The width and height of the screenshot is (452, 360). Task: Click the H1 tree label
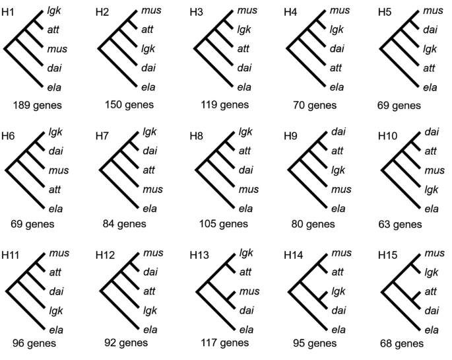9,13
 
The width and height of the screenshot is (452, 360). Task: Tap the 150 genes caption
129,104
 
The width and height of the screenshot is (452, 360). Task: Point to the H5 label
385,13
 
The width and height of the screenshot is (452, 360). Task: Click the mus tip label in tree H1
57,48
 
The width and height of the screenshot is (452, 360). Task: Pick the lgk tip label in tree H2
148,48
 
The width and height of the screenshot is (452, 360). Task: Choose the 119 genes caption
224,104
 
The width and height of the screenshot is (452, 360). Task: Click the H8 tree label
197,135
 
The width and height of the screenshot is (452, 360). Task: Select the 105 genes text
224,224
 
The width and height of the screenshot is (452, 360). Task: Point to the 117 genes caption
224,343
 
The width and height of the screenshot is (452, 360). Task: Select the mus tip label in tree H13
249,291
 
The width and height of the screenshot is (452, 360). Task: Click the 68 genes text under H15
402,343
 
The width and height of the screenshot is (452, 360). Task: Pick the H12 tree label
105,254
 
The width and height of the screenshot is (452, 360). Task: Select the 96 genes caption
34,343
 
